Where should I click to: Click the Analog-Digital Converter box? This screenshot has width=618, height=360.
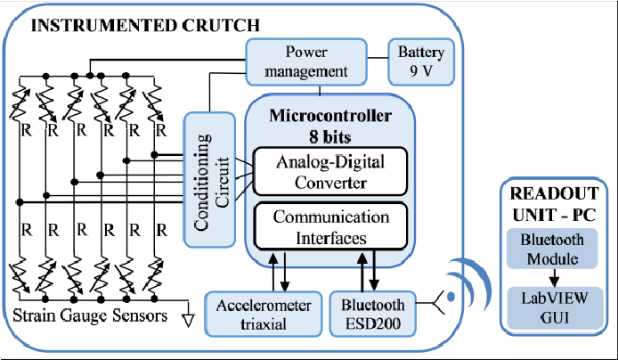[x=329, y=170]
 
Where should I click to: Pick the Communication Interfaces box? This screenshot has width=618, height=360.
[x=330, y=226]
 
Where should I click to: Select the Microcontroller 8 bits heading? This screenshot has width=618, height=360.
[x=329, y=126]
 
